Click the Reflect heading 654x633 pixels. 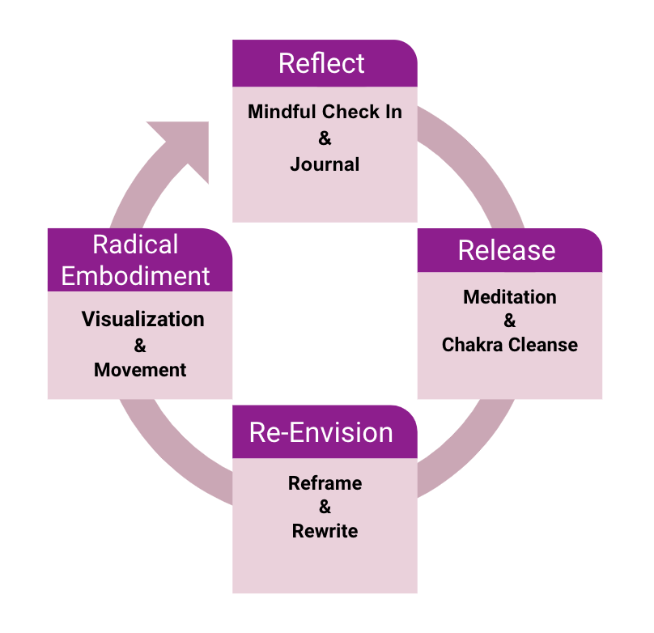[x=321, y=64]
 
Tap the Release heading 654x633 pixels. [x=507, y=250]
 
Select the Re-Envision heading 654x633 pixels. [x=321, y=432]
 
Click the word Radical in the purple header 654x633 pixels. [x=135, y=244]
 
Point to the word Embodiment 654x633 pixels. [x=136, y=275]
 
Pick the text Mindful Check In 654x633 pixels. [x=325, y=112]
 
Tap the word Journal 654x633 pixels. [x=325, y=164]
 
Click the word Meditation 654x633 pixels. [x=510, y=297]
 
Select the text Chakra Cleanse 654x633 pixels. [x=510, y=345]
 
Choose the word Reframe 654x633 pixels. [x=325, y=483]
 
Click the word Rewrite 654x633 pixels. [x=325, y=531]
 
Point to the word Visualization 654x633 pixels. [x=143, y=319]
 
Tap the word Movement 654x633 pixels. [x=140, y=370]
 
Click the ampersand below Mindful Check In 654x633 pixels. [x=325, y=138]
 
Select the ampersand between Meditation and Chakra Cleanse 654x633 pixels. [x=510, y=321]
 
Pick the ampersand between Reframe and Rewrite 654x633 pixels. [x=325, y=508]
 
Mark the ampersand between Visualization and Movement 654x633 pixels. [x=140, y=346]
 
